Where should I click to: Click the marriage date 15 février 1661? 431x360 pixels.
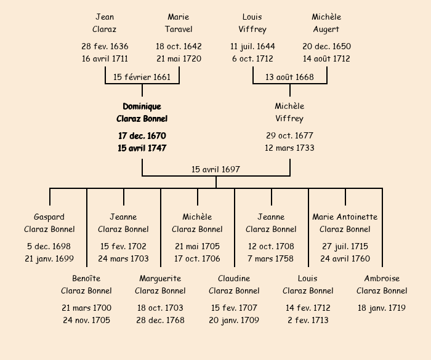(x=142, y=77)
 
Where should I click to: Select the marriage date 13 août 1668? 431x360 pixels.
(x=289, y=77)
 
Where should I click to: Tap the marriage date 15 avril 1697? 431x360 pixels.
(x=216, y=169)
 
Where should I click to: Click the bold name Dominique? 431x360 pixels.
(x=142, y=106)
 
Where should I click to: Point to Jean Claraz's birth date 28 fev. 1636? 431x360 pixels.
(x=105, y=46)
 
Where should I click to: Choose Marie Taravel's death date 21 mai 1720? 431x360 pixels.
(x=179, y=58)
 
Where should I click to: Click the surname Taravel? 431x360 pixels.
(x=179, y=29)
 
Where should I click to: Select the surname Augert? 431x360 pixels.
(x=326, y=29)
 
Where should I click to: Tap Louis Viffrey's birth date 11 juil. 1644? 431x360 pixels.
(x=252, y=46)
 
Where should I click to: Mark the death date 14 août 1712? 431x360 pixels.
(x=326, y=58)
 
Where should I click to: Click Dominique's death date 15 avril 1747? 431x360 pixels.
(x=142, y=148)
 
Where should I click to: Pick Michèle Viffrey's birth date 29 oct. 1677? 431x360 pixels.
(x=289, y=135)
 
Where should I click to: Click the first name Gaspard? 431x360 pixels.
(x=49, y=217)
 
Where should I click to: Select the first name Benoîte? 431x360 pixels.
(x=86, y=278)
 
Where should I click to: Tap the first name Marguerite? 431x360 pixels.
(x=160, y=278)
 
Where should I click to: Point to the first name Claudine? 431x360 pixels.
(x=234, y=278)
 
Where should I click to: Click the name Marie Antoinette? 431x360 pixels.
(x=345, y=217)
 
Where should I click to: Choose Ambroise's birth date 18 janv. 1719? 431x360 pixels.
(x=382, y=308)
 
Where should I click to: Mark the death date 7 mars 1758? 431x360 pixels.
(x=271, y=258)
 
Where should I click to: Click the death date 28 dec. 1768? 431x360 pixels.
(x=160, y=320)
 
